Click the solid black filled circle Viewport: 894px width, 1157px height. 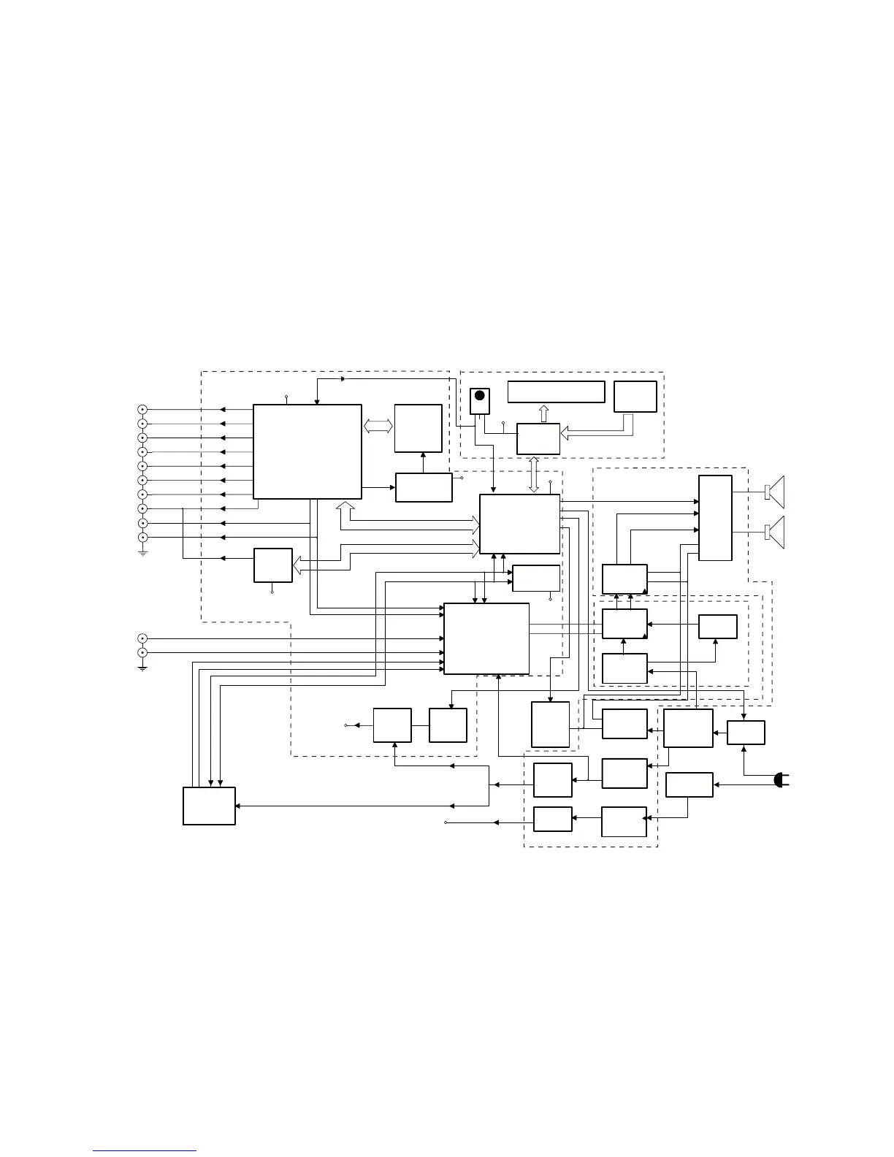tap(479, 395)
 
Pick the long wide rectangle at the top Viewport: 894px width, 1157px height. tap(556, 392)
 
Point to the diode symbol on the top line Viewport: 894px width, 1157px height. tap(343, 379)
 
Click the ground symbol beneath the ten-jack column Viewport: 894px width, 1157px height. tap(143, 553)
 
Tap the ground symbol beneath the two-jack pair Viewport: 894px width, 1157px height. tap(143, 667)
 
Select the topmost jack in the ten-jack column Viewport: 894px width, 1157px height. tap(143, 410)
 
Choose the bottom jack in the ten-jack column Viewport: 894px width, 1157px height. tap(143, 538)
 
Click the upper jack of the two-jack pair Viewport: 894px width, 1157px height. tap(143, 638)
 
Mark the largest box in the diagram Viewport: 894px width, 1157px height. tap(307, 451)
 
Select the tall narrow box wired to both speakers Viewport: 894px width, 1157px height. tap(715, 518)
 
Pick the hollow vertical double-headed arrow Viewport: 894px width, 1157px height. tap(535, 474)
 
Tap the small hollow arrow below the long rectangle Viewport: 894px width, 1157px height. tap(543, 413)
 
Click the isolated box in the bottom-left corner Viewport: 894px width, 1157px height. tap(209, 806)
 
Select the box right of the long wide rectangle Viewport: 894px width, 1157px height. tap(635, 397)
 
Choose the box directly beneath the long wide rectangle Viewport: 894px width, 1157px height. tap(538, 438)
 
